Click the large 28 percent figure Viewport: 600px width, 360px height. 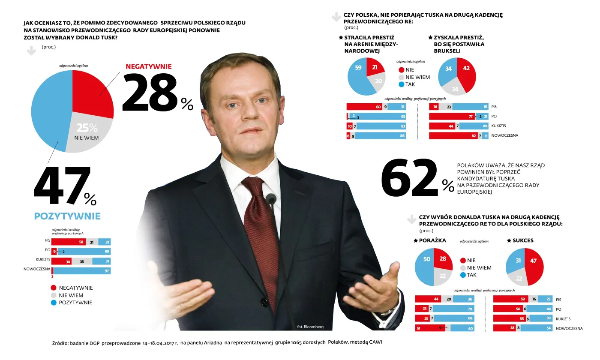(150, 93)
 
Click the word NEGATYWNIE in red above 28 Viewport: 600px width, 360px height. (148, 67)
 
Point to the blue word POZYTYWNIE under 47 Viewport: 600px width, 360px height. (67, 216)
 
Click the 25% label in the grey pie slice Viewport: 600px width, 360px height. (87, 128)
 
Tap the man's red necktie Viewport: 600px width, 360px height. (260, 231)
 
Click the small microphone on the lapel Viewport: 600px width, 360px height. (271, 198)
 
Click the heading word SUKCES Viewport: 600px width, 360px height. (523, 240)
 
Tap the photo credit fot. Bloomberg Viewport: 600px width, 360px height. (310, 327)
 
